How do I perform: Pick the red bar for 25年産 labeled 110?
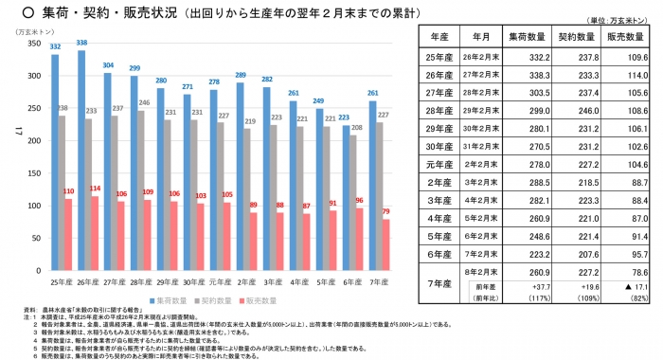click(x=68, y=234)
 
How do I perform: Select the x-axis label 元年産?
click(x=220, y=282)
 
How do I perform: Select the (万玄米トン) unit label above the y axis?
click(x=32, y=32)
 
